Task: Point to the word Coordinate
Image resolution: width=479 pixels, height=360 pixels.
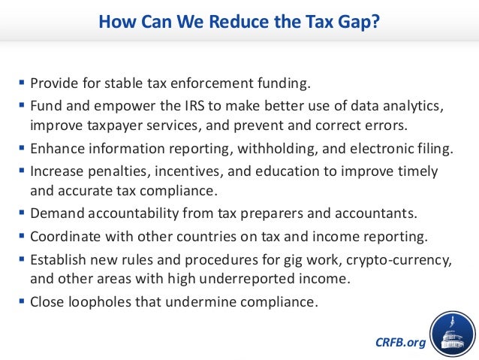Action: (64, 236)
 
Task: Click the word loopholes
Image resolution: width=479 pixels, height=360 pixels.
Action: (98, 304)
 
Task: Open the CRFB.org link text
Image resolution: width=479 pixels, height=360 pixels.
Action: (399, 343)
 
